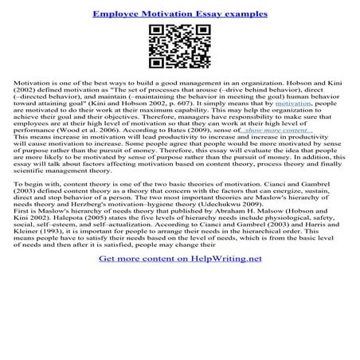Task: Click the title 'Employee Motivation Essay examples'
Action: pos(179,14)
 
